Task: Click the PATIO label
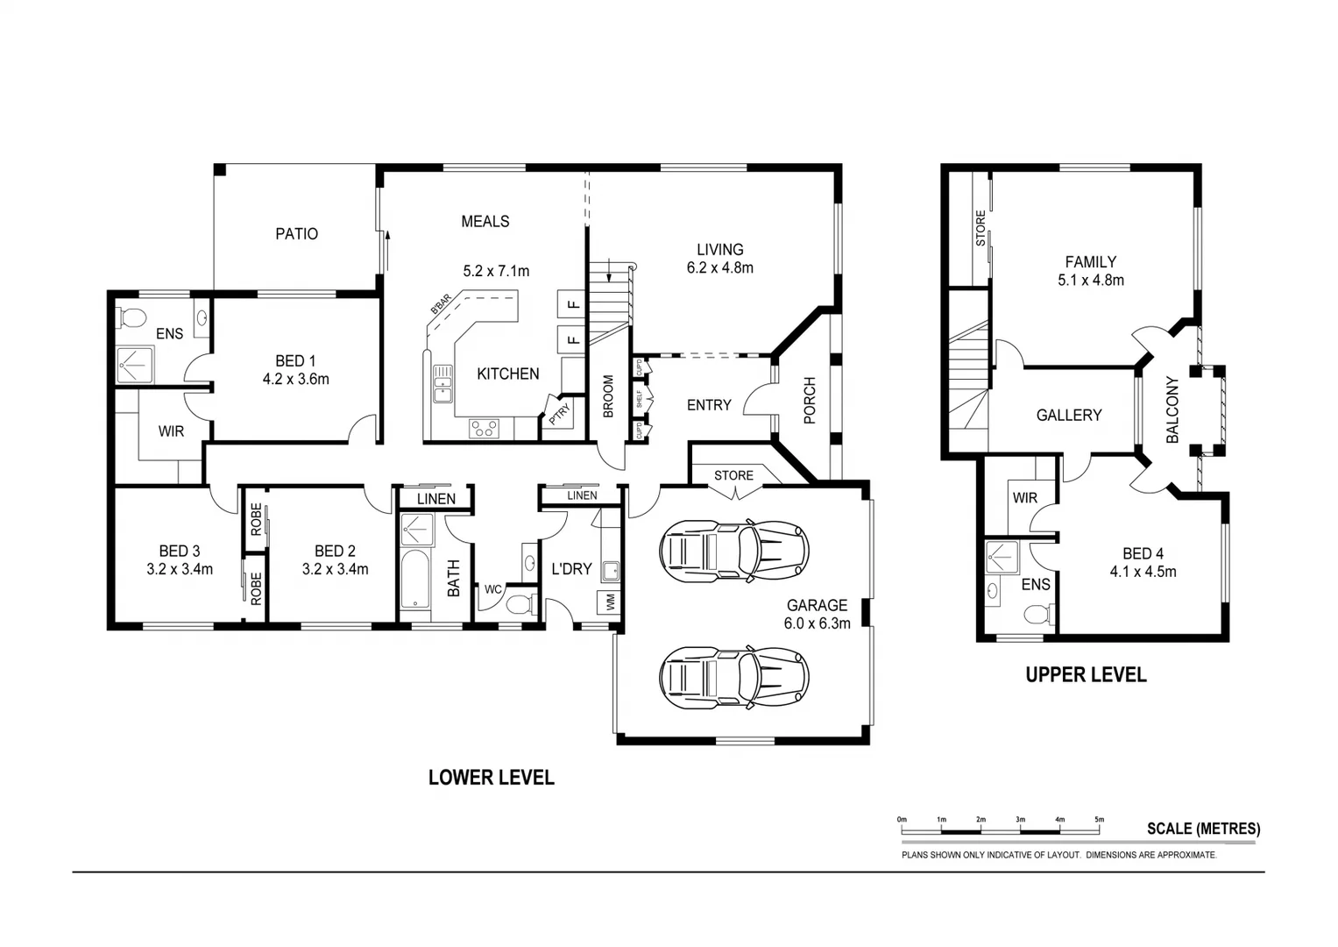click(296, 234)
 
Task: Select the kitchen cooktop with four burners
click(483, 429)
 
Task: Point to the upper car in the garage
click(734, 552)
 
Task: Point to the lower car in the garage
click(734, 677)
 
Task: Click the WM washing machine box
click(608, 603)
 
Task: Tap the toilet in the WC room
click(520, 604)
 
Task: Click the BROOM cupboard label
click(608, 396)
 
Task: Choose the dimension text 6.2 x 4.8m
click(720, 268)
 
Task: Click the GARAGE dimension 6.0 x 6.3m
click(817, 624)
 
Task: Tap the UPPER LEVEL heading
click(1086, 675)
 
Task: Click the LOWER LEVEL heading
click(491, 778)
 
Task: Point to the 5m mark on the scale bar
click(1099, 821)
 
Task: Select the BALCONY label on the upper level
click(1172, 409)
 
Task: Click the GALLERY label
click(1069, 416)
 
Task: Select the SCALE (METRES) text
click(1203, 829)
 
